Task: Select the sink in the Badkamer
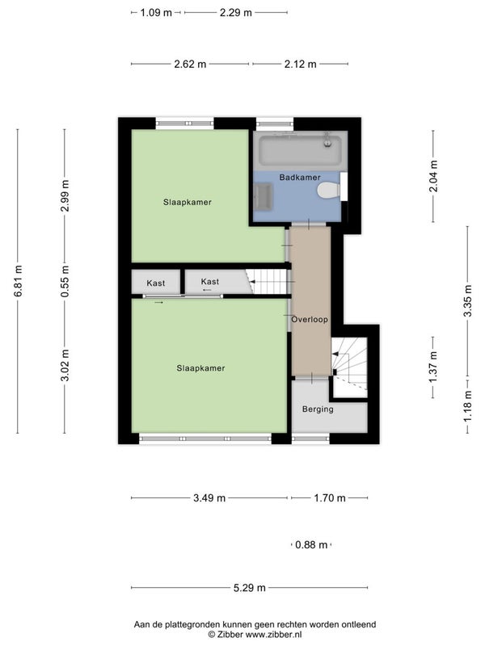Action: (263, 197)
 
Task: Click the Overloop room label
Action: (310, 319)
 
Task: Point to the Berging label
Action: (318, 409)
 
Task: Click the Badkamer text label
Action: (300, 177)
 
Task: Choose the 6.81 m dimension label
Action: (18, 281)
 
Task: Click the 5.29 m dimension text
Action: (250, 588)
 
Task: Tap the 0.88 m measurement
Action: (311, 544)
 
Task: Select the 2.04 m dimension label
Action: (433, 176)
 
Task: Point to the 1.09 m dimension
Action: (156, 12)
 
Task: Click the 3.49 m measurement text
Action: (209, 497)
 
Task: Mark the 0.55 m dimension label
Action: (65, 281)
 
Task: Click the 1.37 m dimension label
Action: (433, 367)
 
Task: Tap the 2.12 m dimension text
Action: (300, 64)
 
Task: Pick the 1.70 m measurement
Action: (330, 497)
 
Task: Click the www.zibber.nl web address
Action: (273, 635)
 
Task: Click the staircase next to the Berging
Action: (350, 367)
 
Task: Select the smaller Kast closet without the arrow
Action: (155, 282)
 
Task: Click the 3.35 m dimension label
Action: (468, 300)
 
